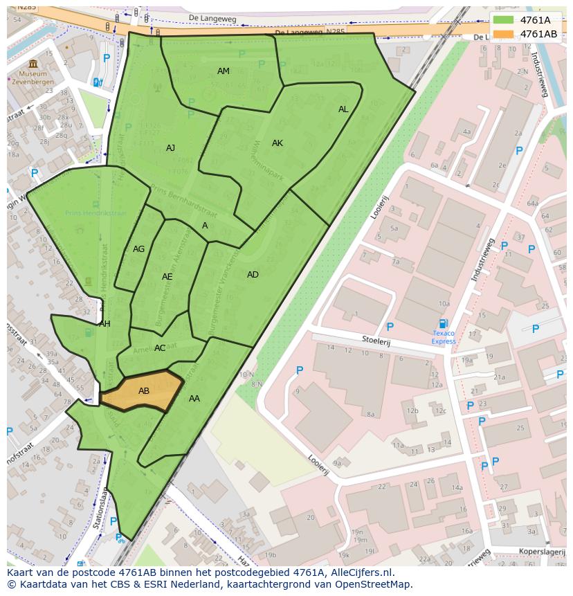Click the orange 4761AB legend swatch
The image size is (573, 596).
(504, 34)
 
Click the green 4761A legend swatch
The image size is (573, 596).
(504, 20)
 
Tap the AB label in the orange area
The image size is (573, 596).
(144, 391)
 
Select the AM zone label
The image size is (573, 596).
(223, 71)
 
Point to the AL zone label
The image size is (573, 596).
(343, 109)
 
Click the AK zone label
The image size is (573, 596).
(278, 143)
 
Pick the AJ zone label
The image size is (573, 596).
(170, 148)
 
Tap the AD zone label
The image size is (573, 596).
(253, 275)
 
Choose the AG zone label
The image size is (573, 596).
(138, 249)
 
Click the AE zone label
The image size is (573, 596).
(167, 277)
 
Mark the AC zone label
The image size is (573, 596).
(160, 348)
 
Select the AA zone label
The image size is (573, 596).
(194, 399)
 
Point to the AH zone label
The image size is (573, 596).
(104, 324)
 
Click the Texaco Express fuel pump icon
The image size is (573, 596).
(444, 323)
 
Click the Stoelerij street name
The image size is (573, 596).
(376, 339)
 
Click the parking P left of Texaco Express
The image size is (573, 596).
(390, 327)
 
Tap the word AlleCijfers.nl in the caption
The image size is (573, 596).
(359, 572)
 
